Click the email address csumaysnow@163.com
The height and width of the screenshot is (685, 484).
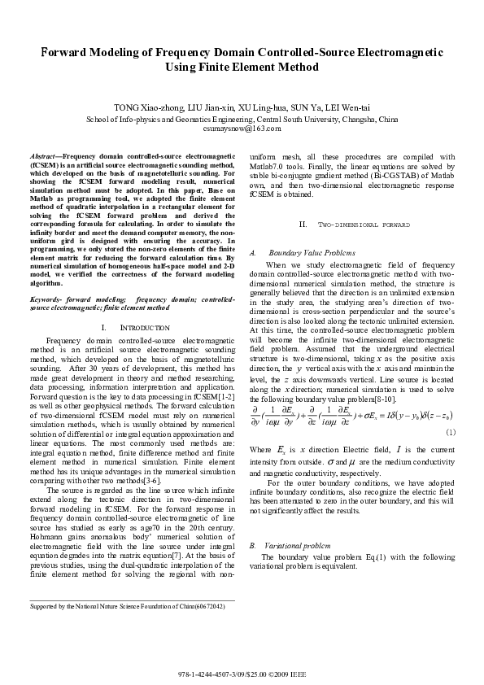(x=242, y=128)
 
